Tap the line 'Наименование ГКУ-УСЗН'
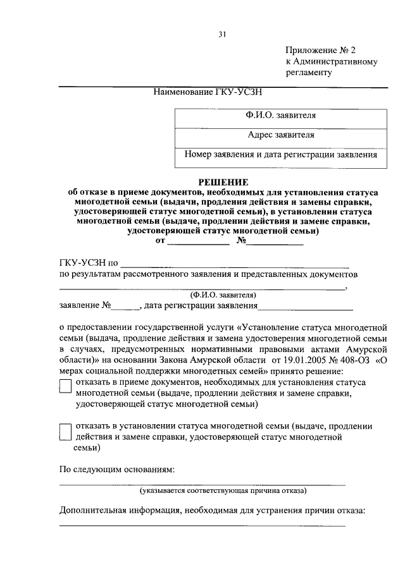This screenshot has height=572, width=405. coord(208,92)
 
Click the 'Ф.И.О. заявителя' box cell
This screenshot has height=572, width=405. coord(281,116)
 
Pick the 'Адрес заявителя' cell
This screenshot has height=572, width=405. coord(281,135)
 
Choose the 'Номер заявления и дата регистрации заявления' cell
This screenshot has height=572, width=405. coord(281,154)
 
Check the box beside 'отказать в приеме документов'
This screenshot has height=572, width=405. coord(65,386)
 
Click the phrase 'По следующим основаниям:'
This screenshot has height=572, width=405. coord(116,471)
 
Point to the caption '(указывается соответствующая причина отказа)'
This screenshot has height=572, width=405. coord(223,490)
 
